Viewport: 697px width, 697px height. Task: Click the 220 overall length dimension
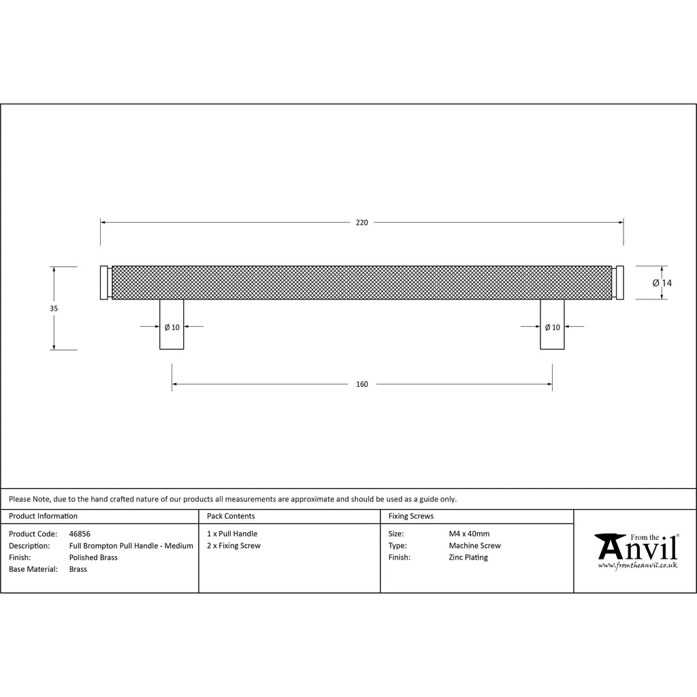(x=362, y=223)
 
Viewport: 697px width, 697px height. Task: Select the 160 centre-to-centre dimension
(x=362, y=385)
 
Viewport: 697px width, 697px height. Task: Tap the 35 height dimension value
(x=54, y=308)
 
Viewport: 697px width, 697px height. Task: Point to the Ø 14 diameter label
(x=662, y=283)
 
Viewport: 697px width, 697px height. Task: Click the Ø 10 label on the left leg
(x=172, y=327)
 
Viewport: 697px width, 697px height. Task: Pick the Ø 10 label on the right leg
(x=553, y=327)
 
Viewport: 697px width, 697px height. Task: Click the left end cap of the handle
(x=104, y=282)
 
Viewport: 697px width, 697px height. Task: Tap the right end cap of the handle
(x=619, y=282)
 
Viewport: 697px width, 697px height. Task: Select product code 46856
(x=80, y=534)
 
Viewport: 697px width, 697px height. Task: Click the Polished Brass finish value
(x=93, y=557)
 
